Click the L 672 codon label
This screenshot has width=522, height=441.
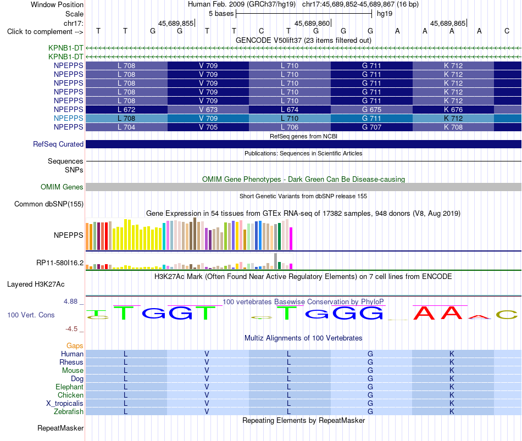tap(126, 109)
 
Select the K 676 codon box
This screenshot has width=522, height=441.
tap(453, 109)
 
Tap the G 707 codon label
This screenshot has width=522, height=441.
tap(371, 127)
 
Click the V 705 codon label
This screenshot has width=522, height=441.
tap(208, 127)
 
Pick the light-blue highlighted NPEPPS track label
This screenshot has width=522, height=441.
tap(68, 118)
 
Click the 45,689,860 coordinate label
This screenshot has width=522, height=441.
tap(312, 23)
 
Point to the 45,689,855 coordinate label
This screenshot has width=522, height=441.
tap(176, 23)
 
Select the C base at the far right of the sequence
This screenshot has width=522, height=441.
tap(507, 31)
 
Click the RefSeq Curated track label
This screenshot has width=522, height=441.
tap(58, 144)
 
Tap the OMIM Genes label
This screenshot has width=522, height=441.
tap(62, 187)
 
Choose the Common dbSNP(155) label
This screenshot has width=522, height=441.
tap(49, 204)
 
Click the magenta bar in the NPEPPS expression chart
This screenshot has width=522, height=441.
tap(291, 238)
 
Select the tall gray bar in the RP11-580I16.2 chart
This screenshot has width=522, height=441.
tap(275, 261)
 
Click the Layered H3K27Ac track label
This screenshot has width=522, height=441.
tap(36, 284)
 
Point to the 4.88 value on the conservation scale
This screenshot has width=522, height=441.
tap(70, 302)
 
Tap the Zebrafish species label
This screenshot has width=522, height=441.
tap(69, 412)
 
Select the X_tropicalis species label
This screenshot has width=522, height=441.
tap(65, 404)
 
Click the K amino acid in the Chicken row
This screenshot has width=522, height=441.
tap(452, 395)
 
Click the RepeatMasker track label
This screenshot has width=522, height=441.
tap(60, 428)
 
